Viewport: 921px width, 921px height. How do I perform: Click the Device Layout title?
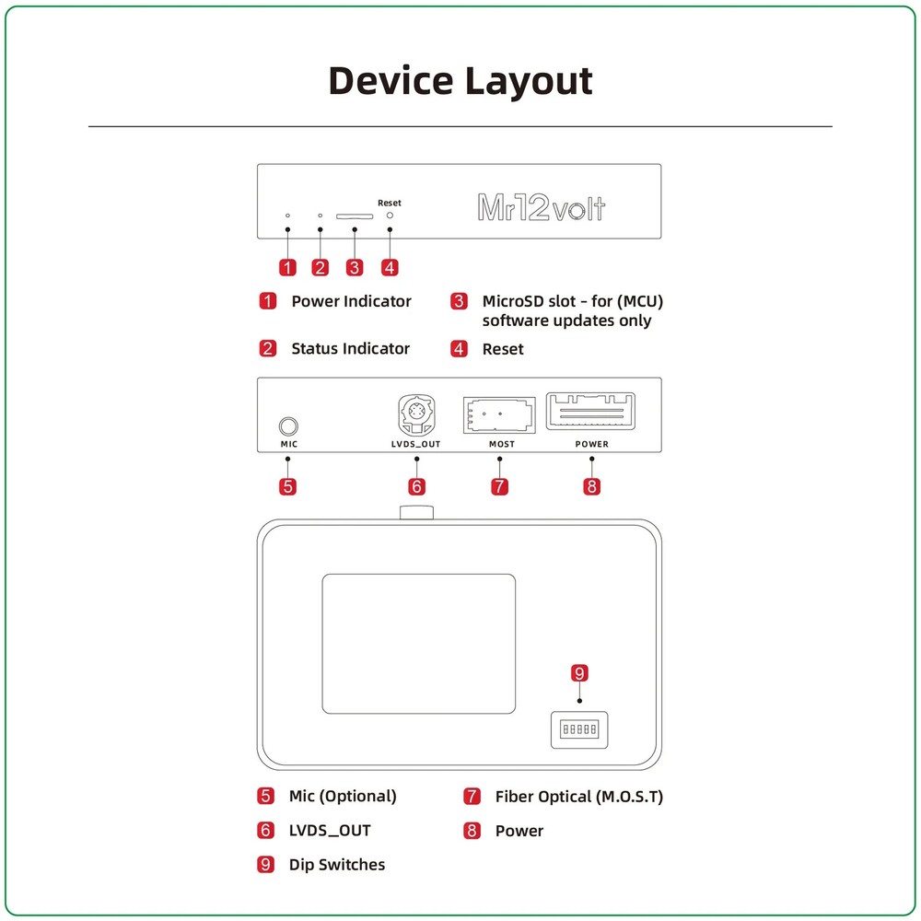(x=460, y=81)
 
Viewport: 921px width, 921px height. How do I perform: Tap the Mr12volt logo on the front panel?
(x=541, y=207)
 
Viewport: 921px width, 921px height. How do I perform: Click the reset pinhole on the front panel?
(x=390, y=215)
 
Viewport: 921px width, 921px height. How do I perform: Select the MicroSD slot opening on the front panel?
(x=355, y=216)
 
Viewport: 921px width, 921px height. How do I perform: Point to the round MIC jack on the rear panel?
(x=288, y=426)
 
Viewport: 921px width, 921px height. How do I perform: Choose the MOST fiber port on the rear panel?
(x=498, y=415)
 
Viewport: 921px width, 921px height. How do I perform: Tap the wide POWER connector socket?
(x=591, y=412)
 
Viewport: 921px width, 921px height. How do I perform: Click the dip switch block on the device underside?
(x=579, y=729)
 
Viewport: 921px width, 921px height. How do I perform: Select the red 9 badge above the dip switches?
(x=579, y=673)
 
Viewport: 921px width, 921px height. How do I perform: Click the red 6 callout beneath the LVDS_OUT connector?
(x=417, y=485)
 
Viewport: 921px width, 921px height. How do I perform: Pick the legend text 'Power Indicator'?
(x=351, y=301)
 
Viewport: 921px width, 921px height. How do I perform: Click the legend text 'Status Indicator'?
(x=350, y=348)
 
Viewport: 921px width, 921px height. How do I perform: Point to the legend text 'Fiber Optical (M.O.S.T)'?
(x=578, y=797)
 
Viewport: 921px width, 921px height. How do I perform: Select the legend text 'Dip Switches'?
(x=337, y=864)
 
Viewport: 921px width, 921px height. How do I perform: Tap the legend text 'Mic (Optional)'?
(x=343, y=797)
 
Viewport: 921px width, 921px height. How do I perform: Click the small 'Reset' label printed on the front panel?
(x=390, y=203)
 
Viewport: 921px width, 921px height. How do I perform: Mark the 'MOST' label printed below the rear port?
(x=502, y=444)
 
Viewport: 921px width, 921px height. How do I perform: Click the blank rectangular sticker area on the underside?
(x=418, y=643)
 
